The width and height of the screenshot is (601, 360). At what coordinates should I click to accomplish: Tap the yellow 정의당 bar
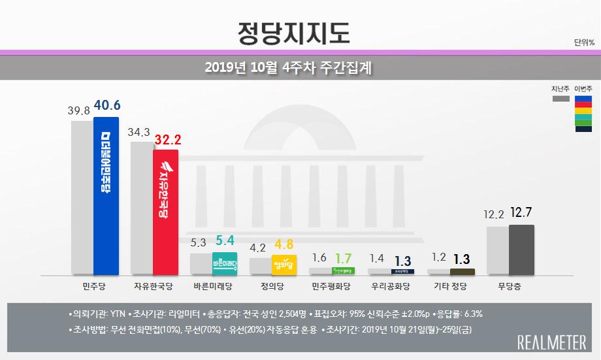(x=284, y=265)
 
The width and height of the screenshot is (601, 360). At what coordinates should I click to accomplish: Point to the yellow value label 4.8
(x=285, y=245)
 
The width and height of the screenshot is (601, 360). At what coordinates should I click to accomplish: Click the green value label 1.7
(x=343, y=257)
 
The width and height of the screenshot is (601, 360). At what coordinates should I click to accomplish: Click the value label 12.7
(x=522, y=214)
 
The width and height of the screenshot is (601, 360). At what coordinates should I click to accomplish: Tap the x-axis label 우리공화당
(x=391, y=286)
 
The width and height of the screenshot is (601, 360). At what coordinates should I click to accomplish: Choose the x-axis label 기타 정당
(x=451, y=286)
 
